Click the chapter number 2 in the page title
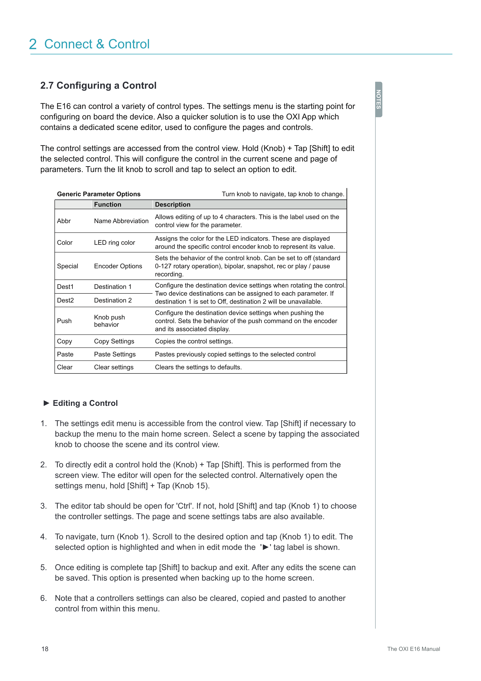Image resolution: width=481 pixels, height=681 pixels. click(x=33, y=44)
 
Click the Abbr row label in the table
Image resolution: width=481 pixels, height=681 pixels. click(x=64, y=221)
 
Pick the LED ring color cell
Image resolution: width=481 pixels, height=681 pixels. click(x=114, y=243)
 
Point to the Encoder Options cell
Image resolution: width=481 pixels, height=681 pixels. click(x=118, y=266)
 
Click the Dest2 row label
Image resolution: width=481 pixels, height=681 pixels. click(x=65, y=300)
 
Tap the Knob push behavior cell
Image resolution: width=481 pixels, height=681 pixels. click(x=109, y=321)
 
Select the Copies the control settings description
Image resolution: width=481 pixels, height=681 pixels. click(x=194, y=341)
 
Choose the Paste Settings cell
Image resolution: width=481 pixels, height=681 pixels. click(x=115, y=354)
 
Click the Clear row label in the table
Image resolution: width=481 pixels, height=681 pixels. click(x=65, y=367)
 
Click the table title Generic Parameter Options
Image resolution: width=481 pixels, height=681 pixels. click(x=99, y=194)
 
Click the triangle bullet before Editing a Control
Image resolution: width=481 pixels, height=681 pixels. click(x=46, y=403)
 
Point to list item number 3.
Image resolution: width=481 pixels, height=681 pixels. click(x=43, y=506)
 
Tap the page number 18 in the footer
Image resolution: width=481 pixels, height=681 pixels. click(x=45, y=649)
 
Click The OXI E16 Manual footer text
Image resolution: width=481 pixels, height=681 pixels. click(x=414, y=649)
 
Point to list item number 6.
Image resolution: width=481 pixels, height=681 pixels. click(x=43, y=598)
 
